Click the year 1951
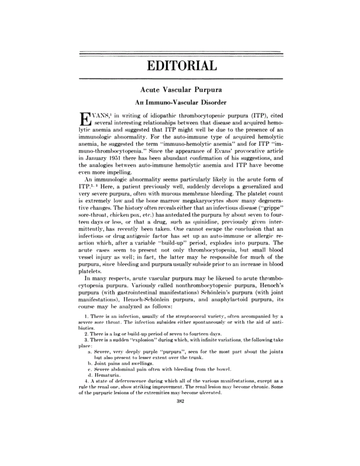[x=115, y=168]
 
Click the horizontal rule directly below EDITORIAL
[x=181, y=79]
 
